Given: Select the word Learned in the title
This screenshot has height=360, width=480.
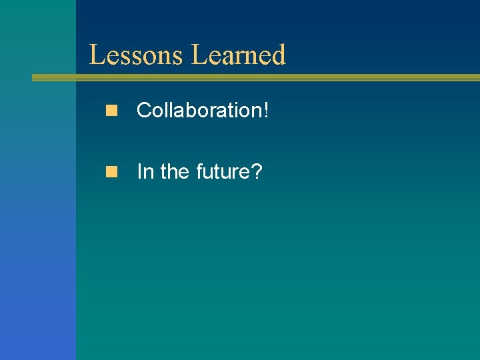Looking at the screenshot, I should coord(239,55).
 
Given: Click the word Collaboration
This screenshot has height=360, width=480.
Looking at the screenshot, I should coord(199,110).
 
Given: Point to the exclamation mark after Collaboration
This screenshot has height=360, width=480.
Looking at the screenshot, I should coord(266,110).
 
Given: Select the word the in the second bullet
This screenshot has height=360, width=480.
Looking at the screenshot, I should coord(175,172).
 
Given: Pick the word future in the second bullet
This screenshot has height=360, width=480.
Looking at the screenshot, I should coord(222,172).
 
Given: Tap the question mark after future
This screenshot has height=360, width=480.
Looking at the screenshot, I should coord(256,172).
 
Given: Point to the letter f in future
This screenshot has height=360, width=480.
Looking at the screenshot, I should coord(199,172).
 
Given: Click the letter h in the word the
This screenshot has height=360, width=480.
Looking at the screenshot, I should coord(174,172).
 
